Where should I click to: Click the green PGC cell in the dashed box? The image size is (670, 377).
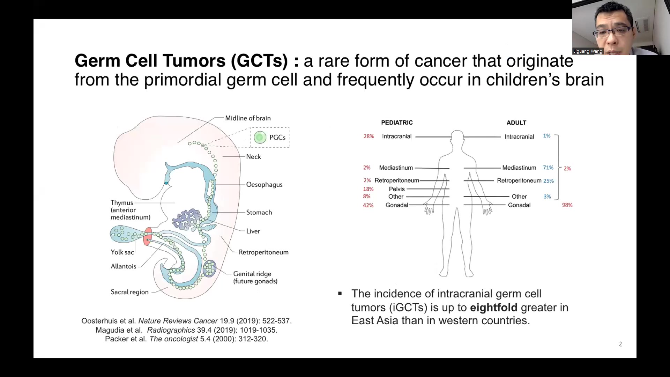[260, 138]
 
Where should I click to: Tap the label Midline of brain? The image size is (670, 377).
[248, 118]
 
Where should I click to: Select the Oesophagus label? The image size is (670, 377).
[264, 185]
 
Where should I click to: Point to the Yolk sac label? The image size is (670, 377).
[122, 252]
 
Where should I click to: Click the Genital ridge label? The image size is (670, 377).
[255, 278]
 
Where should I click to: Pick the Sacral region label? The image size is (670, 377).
[129, 292]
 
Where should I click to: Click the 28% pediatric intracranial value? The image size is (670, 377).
[368, 136]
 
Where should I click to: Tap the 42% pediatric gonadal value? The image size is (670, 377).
[368, 205]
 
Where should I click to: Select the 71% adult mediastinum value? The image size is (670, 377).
[548, 168]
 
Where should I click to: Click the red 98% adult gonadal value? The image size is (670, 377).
[567, 205]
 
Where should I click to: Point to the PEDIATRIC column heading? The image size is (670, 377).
[397, 123]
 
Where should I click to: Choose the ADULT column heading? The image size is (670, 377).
[516, 123]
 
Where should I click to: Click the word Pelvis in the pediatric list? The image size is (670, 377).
[397, 189]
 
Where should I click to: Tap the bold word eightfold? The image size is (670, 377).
[493, 308]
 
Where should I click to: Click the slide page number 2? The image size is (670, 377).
[620, 344]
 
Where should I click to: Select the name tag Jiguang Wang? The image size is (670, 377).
[588, 51]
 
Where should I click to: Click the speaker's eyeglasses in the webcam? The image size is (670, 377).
[612, 32]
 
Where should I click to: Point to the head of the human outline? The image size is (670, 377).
[457, 136]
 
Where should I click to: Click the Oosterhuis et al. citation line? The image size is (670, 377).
[186, 321]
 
